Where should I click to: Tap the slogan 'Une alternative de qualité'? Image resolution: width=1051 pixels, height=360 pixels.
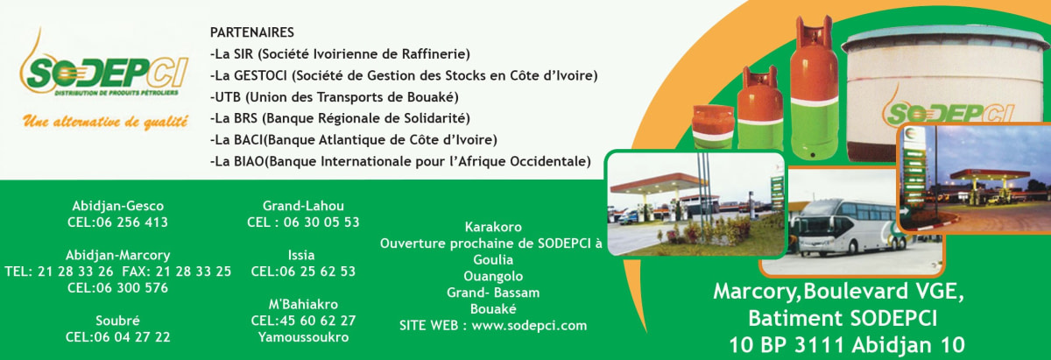tap(105, 122)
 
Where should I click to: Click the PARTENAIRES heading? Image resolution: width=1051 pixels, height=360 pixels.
tap(252, 32)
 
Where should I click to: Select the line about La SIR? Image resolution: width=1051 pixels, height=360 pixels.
tap(340, 53)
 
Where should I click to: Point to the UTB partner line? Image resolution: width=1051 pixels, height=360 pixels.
tap(334, 96)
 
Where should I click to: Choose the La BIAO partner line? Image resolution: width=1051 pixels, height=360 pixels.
tap(400, 161)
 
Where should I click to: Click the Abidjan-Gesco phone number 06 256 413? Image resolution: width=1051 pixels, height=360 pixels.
tap(117, 222)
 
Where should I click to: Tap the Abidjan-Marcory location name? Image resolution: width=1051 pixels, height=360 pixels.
tap(117, 255)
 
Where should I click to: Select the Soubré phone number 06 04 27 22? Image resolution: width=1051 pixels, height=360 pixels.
tap(117, 336)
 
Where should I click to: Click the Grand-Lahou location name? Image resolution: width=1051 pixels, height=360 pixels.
tap(303, 206)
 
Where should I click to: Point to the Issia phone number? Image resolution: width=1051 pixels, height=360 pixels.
tap(303, 272)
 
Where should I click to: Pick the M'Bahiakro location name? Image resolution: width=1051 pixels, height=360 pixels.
tap(303, 304)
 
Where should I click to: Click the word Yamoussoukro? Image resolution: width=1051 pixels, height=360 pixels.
tap(303, 337)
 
